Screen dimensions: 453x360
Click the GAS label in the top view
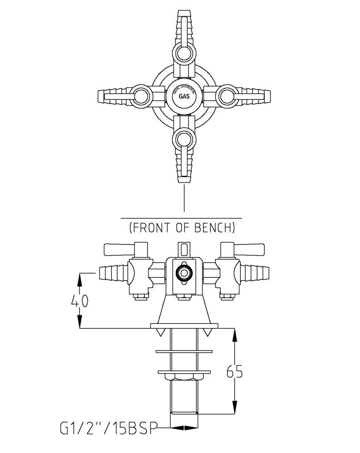tap(184, 96)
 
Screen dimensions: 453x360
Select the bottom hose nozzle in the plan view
tap(184, 165)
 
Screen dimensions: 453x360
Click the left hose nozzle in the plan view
tap(113, 96)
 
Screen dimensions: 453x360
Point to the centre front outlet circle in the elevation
tap(184, 273)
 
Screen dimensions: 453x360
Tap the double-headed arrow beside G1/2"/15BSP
tap(184, 428)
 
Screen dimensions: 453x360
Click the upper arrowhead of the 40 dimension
tap(80, 277)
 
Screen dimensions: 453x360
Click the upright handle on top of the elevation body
tap(184, 249)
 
